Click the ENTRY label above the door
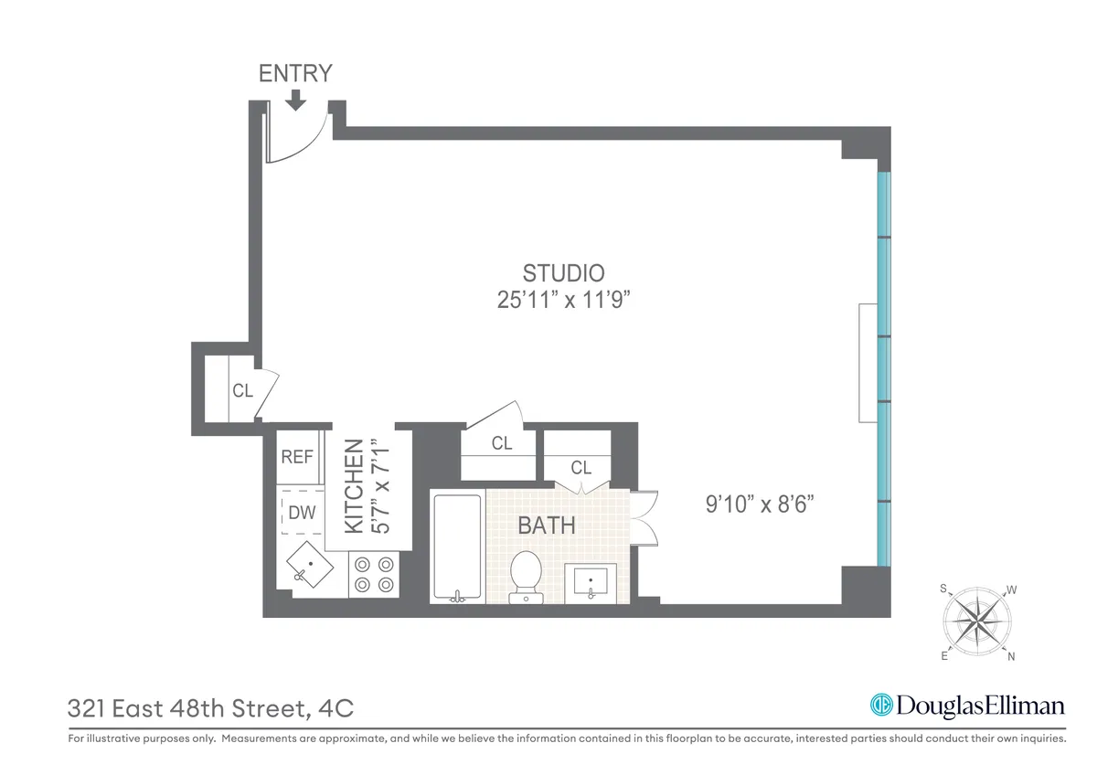[x=295, y=73]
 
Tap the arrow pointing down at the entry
[x=295, y=100]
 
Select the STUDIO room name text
[x=563, y=272]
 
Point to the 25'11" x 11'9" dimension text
[x=563, y=300]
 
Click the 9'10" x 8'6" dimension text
[x=760, y=504]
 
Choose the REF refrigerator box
[x=297, y=457]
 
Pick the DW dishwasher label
[x=301, y=513]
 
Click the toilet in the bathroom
[x=526, y=575]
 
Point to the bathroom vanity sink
[x=591, y=581]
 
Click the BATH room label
[x=547, y=526]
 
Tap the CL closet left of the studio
[x=241, y=391]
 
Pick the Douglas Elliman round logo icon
[x=881, y=706]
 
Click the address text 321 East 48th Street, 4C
[x=210, y=708]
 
